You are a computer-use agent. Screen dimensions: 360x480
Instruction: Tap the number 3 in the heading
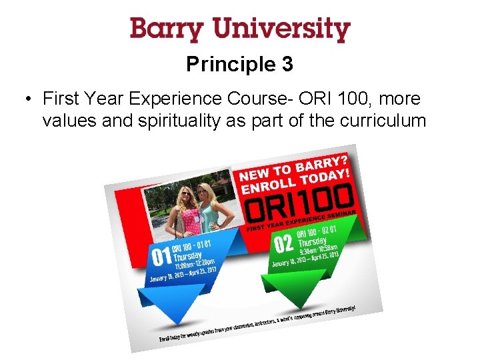[287, 65]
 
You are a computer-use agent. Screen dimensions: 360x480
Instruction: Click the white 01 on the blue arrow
[163, 256]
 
